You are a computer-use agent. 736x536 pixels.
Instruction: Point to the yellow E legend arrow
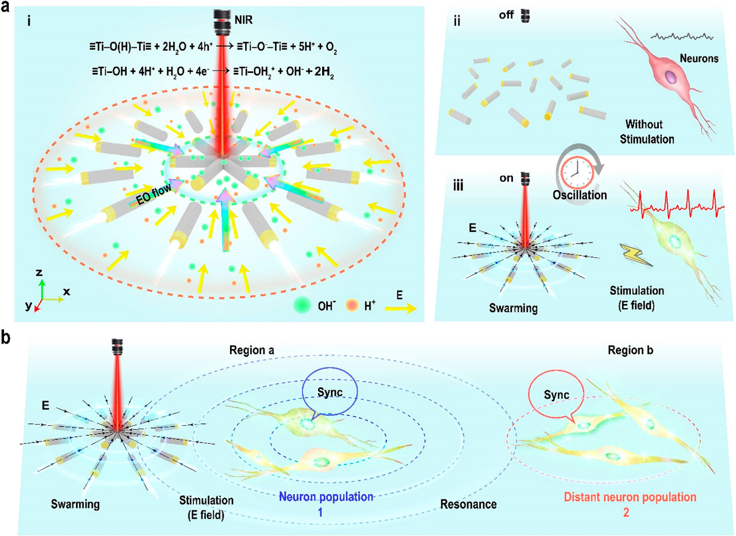tap(399, 309)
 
